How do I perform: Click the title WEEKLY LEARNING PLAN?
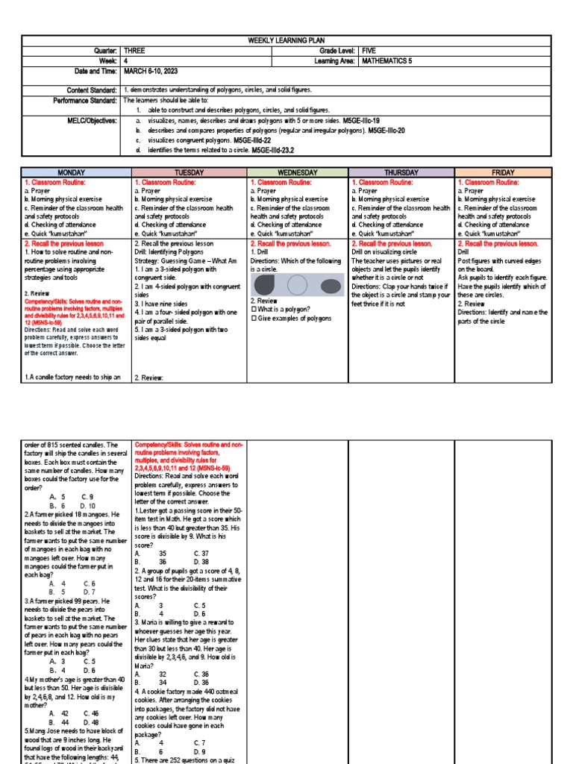286,40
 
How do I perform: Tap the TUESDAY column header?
189,172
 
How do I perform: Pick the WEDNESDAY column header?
298,172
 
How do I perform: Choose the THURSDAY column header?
401,172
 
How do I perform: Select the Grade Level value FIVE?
369,50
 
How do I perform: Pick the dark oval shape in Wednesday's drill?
329,285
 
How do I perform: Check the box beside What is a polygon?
254,309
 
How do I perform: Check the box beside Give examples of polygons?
254,319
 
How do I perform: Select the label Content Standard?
89,89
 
